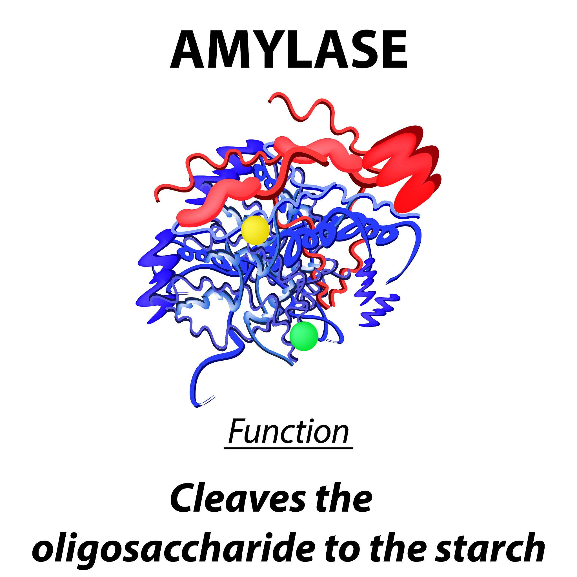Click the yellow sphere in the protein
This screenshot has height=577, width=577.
pos(255,230)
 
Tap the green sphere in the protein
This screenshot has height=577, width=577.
pos(304,336)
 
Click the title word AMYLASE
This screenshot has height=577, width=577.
pos(289,49)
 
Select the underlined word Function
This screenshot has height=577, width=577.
pos(288,432)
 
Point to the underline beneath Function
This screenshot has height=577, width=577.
pos(288,448)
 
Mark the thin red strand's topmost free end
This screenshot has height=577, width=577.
pos(269,101)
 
